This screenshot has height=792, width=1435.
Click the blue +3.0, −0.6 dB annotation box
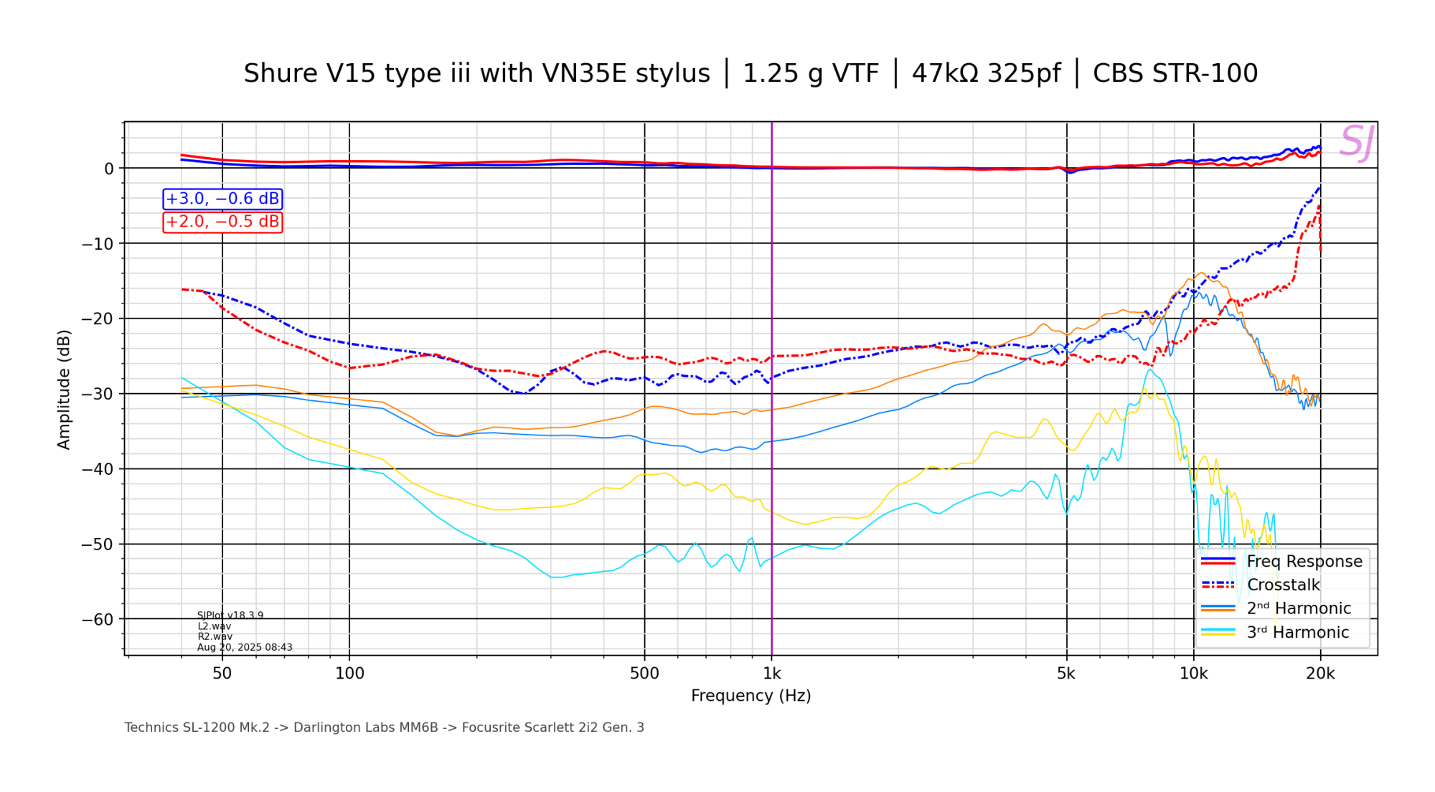pos(222,199)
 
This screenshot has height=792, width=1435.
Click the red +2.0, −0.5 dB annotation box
pos(222,222)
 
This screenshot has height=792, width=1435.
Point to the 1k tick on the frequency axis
pos(771,674)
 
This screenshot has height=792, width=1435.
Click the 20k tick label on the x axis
pos(1320,674)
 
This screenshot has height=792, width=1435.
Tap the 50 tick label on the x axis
pos(222,674)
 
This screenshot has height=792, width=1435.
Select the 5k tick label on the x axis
pos(1066,674)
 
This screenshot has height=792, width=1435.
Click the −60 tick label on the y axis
pos(98,619)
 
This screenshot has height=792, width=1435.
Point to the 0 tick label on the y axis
pos(109,169)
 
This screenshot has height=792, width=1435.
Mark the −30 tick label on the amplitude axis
pos(98,394)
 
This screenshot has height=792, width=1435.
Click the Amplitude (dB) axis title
pos(64,390)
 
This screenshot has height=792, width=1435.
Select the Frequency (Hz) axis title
pos(751,696)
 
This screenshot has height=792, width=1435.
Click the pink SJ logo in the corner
pos(1356,142)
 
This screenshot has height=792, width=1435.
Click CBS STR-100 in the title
pos(1175,74)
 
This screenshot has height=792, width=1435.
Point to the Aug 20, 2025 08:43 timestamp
pos(245,647)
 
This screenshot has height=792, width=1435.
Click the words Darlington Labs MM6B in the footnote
pos(365,727)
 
